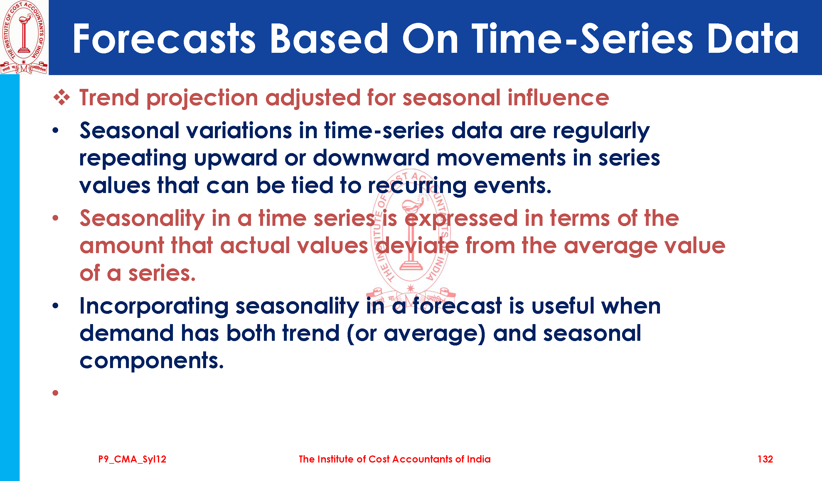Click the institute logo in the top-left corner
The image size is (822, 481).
(x=24, y=37)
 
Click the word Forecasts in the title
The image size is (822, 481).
(x=164, y=39)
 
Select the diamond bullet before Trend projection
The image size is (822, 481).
(x=62, y=97)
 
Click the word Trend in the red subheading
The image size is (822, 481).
(x=110, y=97)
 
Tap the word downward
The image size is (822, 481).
(x=371, y=158)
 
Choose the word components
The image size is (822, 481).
(x=152, y=361)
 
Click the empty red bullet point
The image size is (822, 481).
(x=55, y=393)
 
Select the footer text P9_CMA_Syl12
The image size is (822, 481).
(x=132, y=459)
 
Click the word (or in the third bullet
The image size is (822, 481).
(x=362, y=334)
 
